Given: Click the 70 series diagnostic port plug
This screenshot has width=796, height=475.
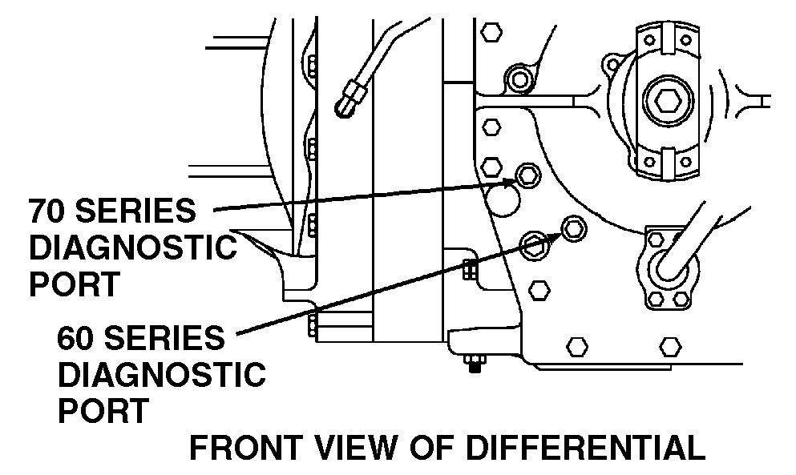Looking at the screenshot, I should coord(527,174).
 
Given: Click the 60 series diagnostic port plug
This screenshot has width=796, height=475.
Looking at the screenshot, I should coord(573,228).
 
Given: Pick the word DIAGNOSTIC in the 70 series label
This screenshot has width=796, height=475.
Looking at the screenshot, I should coord(132,248).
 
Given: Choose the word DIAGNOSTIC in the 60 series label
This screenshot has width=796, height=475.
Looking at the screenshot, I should coord(161,374).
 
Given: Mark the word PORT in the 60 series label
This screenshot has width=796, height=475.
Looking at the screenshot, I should coord(103,411).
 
